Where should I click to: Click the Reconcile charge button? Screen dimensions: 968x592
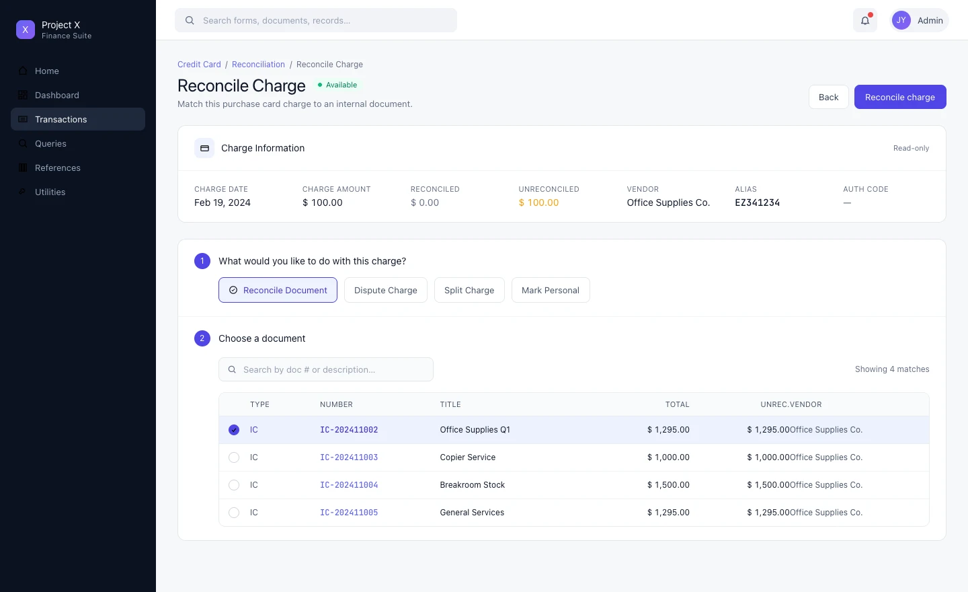point(899,97)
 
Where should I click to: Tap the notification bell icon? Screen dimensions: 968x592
point(864,20)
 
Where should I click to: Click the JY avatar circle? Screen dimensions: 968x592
point(901,20)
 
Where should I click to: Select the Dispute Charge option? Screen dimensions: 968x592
point(385,290)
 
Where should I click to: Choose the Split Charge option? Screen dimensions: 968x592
point(469,290)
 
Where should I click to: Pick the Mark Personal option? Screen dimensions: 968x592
point(550,290)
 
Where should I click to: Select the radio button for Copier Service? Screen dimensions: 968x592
point(234,457)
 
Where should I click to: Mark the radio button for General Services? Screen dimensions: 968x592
point(234,513)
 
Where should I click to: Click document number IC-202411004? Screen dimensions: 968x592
point(349,485)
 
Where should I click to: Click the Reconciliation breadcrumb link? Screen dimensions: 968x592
point(258,65)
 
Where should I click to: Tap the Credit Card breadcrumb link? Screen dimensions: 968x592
point(199,65)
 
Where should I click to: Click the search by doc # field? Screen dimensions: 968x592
point(326,369)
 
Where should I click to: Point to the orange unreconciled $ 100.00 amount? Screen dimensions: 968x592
point(538,202)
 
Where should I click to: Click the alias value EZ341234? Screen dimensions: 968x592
point(757,202)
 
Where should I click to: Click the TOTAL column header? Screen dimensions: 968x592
point(677,404)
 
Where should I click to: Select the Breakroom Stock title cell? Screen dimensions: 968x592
point(472,485)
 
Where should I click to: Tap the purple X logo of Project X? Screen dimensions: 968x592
point(26,30)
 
